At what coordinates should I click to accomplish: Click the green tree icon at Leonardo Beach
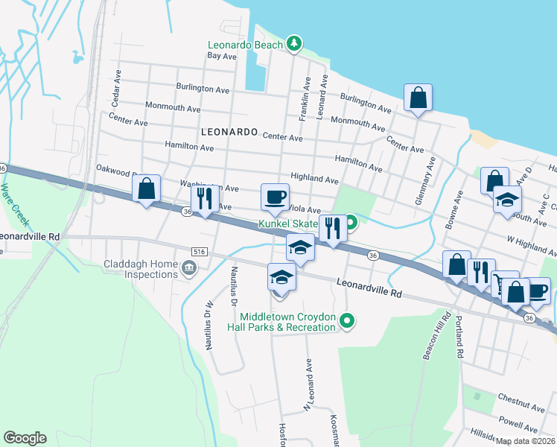coord(294,45)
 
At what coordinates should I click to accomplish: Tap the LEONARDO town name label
coord(229,131)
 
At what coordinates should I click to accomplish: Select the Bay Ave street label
coord(222,56)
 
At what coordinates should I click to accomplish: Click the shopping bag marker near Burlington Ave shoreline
coord(418,98)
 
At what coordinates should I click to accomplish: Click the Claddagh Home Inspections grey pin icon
coord(190,267)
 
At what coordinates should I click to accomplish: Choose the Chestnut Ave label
coord(523,407)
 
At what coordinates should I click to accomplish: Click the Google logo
coord(25,438)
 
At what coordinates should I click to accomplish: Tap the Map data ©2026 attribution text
coord(525,441)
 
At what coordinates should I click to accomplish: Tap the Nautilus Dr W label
coord(209,325)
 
